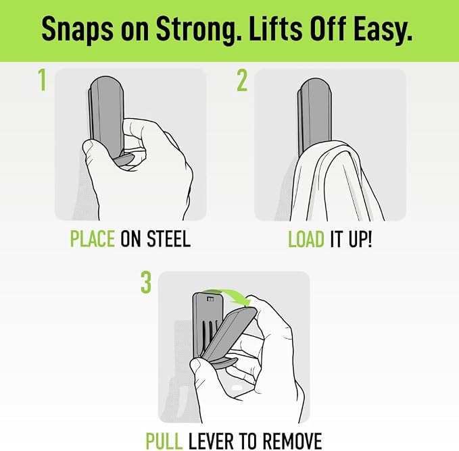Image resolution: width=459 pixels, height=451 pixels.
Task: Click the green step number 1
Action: (43, 80)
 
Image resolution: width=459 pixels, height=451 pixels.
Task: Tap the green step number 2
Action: (242, 80)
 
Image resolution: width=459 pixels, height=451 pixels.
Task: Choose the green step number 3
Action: (146, 282)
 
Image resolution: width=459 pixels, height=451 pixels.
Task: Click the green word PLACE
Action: (93, 239)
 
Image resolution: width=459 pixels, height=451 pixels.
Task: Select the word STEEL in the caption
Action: (168, 239)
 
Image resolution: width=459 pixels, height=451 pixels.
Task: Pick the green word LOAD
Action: (306, 239)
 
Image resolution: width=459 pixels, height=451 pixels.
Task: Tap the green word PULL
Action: (164, 441)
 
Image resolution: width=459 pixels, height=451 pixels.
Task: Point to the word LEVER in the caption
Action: (211, 441)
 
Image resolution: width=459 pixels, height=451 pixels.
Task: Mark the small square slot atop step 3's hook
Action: (210, 298)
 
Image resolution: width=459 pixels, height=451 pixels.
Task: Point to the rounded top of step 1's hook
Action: (107, 83)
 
